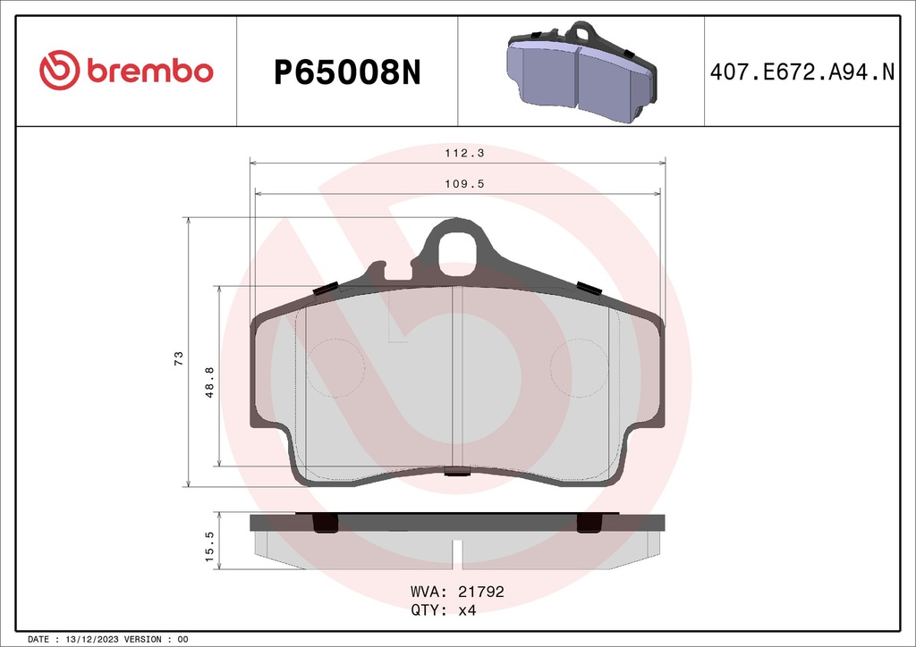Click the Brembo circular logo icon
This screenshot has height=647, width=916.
click(60, 71)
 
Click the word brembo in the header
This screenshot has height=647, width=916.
click(150, 71)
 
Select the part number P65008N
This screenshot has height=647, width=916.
click(348, 73)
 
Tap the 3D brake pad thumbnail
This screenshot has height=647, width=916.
click(581, 71)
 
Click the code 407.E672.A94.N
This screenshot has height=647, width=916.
click(802, 71)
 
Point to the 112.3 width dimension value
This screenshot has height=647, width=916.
click(464, 153)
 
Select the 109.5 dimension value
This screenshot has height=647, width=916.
click(464, 184)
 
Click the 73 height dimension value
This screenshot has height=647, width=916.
click(179, 358)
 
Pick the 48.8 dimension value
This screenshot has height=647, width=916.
click(209, 382)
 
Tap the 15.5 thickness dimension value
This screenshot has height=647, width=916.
click(209, 547)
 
